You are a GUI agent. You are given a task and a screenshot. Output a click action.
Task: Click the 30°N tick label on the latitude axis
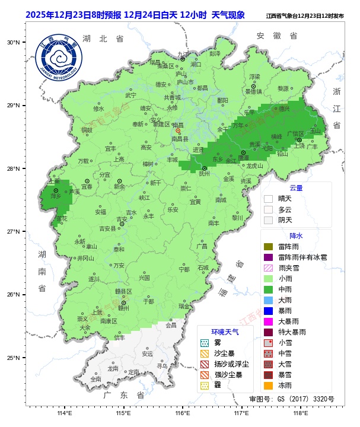[x=14, y=43]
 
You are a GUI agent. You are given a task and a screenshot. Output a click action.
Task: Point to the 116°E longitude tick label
[x=182, y=413]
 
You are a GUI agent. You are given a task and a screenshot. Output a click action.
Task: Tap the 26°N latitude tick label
[x=14, y=295]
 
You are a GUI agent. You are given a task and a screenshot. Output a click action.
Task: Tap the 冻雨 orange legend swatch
[x=268, y=385]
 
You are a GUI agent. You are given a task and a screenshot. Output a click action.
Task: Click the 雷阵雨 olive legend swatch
[x=268, y=246]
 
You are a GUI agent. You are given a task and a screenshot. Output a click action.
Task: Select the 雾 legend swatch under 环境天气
[x=205, y=343]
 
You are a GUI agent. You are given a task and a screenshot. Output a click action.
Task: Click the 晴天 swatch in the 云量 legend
[x=268, y=199]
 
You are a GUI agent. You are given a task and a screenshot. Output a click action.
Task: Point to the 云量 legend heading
[x=296, y=188]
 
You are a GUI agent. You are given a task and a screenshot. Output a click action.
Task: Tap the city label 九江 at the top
[x=183, y=54]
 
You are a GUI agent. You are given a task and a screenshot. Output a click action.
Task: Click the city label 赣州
[x=123, y=308]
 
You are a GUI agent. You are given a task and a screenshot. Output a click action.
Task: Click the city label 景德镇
[x=254, y=91]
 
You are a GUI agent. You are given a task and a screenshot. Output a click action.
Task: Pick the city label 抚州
[x=204, y=174]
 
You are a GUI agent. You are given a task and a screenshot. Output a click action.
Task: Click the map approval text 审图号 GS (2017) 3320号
[x=292, y=399]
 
